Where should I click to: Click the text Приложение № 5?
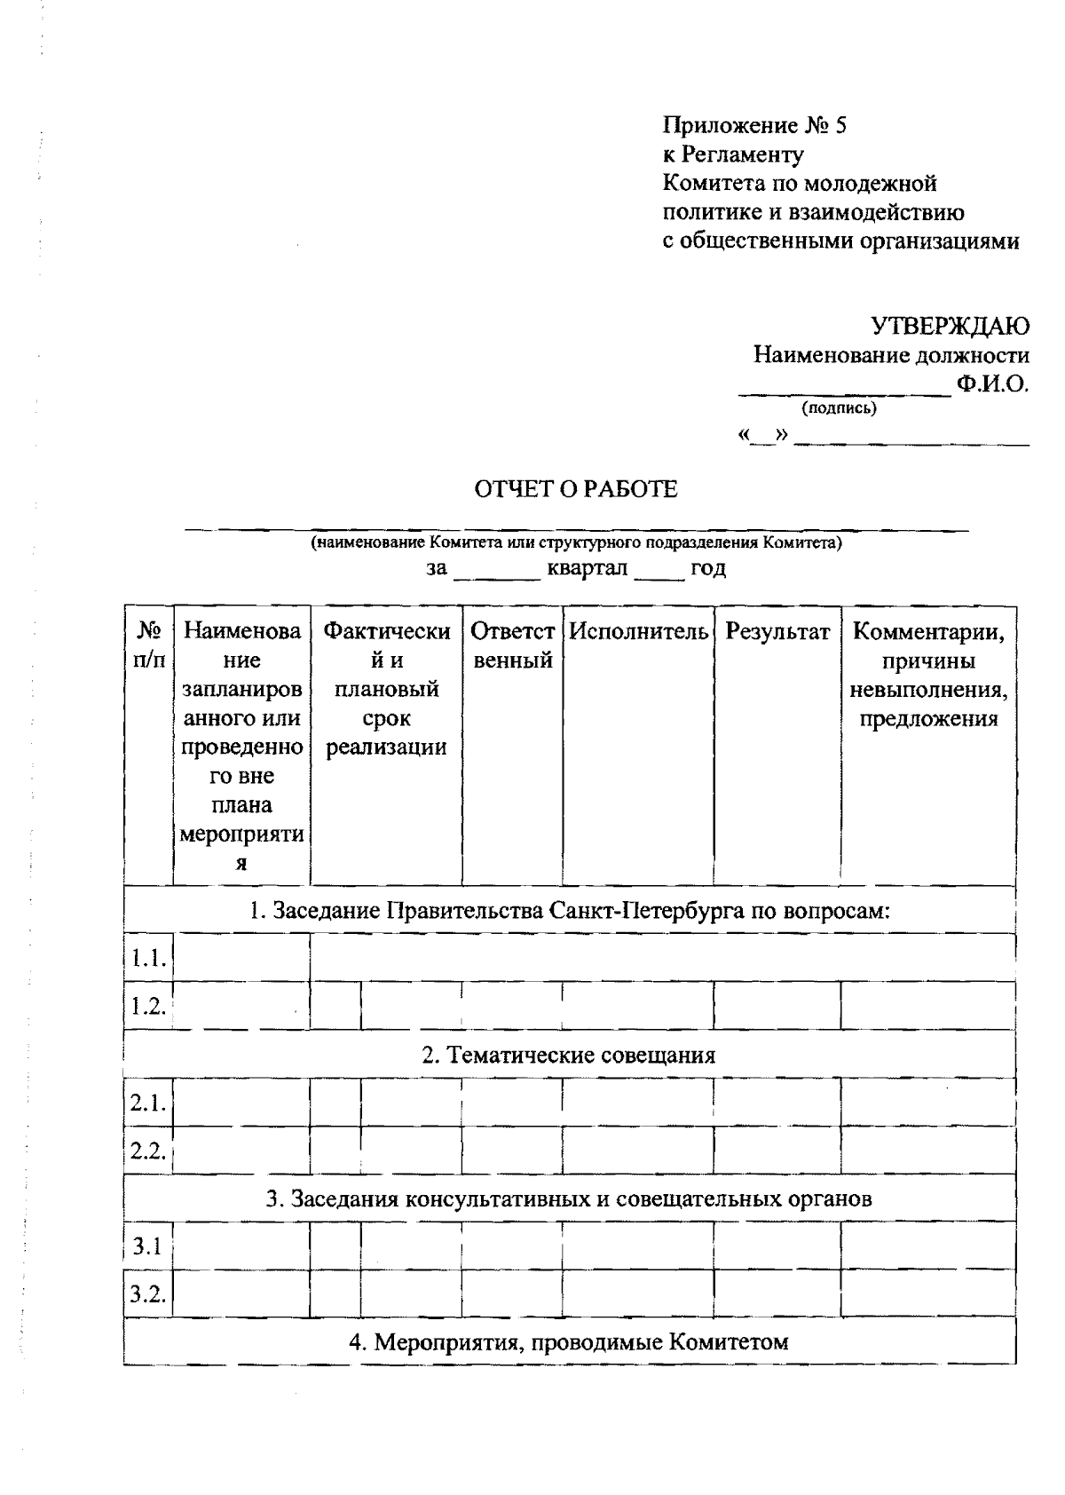click(x=754, y=126)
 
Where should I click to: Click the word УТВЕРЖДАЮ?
click(x=950, y=326)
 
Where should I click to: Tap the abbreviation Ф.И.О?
click(x=992, y=384)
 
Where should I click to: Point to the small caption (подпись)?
click(x=839, y=408)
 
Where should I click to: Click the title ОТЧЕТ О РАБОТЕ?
click(x=576, y=489)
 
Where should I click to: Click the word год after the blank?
click(x=708, y=568)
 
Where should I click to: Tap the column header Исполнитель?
click(x=638, y=632)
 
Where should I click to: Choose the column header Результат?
click(x=777, y=632)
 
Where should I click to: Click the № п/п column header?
click(x=148, y=645)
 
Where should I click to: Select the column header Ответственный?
click(x=512, y=645)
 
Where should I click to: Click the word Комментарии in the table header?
click(x=928, y=632)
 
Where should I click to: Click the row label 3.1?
click(x=147, y=1246)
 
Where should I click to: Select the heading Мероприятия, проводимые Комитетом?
click(x=568, y=1341)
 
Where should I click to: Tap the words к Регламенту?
click(x=733, y=154)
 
